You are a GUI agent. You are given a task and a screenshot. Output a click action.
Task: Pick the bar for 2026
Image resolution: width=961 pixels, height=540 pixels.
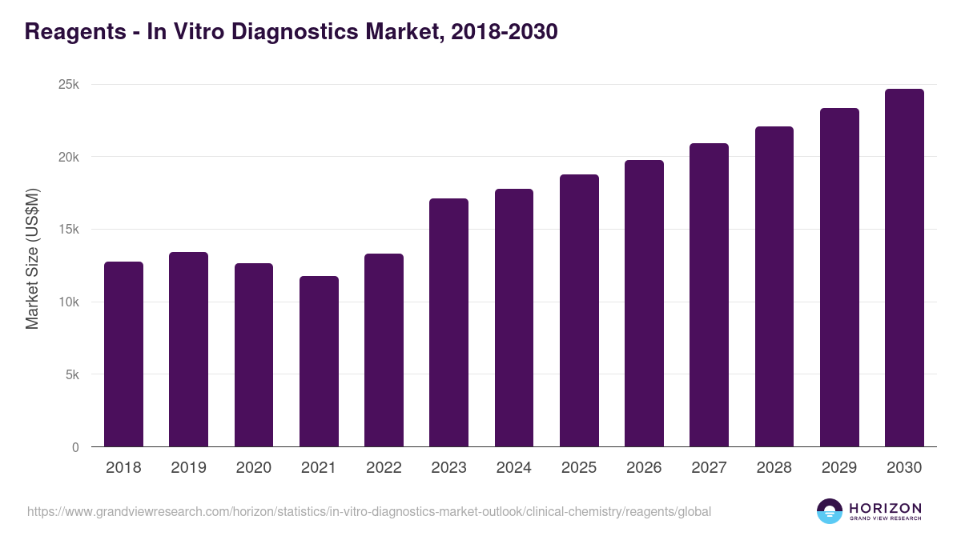[644, 303]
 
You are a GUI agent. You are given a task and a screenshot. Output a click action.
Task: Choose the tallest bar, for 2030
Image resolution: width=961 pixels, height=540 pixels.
[904, 268]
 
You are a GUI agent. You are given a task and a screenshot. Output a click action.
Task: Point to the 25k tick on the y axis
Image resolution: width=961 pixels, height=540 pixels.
[69, 85]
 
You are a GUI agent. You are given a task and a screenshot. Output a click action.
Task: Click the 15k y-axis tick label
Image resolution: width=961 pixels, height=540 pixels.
[69, 230]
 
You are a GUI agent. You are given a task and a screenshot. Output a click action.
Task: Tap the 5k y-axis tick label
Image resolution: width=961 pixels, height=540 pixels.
[72, 375]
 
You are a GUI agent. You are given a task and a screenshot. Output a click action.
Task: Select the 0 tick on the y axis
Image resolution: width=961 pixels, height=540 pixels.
[75, 448]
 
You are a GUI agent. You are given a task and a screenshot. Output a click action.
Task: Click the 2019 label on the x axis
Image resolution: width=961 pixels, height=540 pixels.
[188, 468]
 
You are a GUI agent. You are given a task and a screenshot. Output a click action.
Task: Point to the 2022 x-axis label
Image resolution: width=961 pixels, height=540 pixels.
[384, 468]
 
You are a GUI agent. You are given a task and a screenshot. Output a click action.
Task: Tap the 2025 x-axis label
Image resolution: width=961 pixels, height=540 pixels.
[578, 468]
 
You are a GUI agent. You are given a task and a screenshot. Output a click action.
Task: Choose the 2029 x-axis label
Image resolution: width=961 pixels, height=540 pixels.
[838, 468]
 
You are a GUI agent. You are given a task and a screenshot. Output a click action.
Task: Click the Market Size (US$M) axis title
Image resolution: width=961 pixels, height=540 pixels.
[32, 258]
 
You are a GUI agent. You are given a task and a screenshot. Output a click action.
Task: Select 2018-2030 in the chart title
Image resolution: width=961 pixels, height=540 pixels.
[505, 32]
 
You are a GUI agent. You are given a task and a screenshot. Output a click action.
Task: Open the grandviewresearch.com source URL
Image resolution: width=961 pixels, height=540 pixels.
[368, 511]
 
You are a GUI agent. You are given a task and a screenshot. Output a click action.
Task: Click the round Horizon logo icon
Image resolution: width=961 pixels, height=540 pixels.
[829, 511]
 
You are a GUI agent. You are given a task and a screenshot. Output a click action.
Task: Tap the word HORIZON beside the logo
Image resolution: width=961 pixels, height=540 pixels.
[885, 508]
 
